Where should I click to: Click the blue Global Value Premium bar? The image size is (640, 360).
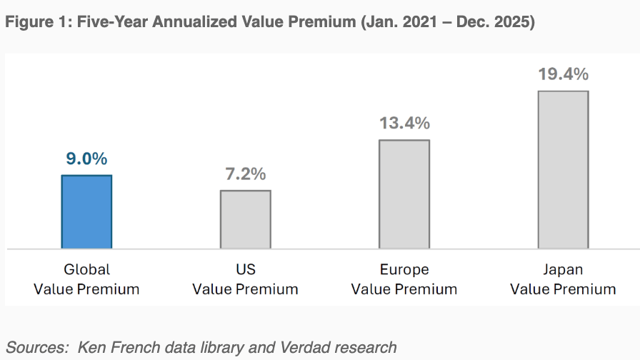tap(86, 211)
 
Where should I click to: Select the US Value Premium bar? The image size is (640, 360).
tap(245, 219)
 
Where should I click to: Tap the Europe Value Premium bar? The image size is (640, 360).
tap(404, 194)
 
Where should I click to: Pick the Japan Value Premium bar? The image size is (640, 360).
tap(563, 169)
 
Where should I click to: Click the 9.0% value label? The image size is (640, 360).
tap(86, 159)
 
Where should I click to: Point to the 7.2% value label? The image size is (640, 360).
tap(245, 174)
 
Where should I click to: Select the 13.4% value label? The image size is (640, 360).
tap(404, 123)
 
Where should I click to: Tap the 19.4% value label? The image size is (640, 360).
tap(563, 74)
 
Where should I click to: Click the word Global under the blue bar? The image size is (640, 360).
tap(86, 270)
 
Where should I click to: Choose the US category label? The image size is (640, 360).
tap(245, 270)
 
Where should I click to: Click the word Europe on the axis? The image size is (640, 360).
tap(404, 270)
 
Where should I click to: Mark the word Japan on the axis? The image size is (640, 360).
tap(563, 270)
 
